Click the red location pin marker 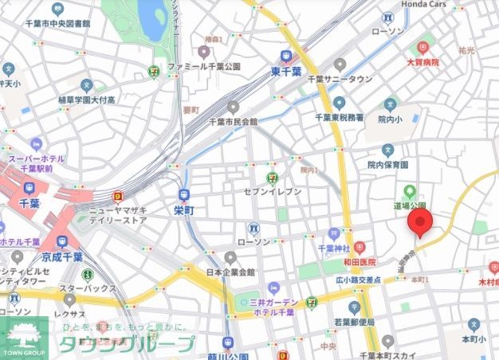coord(419,223)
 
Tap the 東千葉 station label coord(286,72)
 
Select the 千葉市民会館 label coord(233,122)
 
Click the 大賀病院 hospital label coord(424,61)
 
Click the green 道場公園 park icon coord(410,191)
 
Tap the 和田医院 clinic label coord(360,261)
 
